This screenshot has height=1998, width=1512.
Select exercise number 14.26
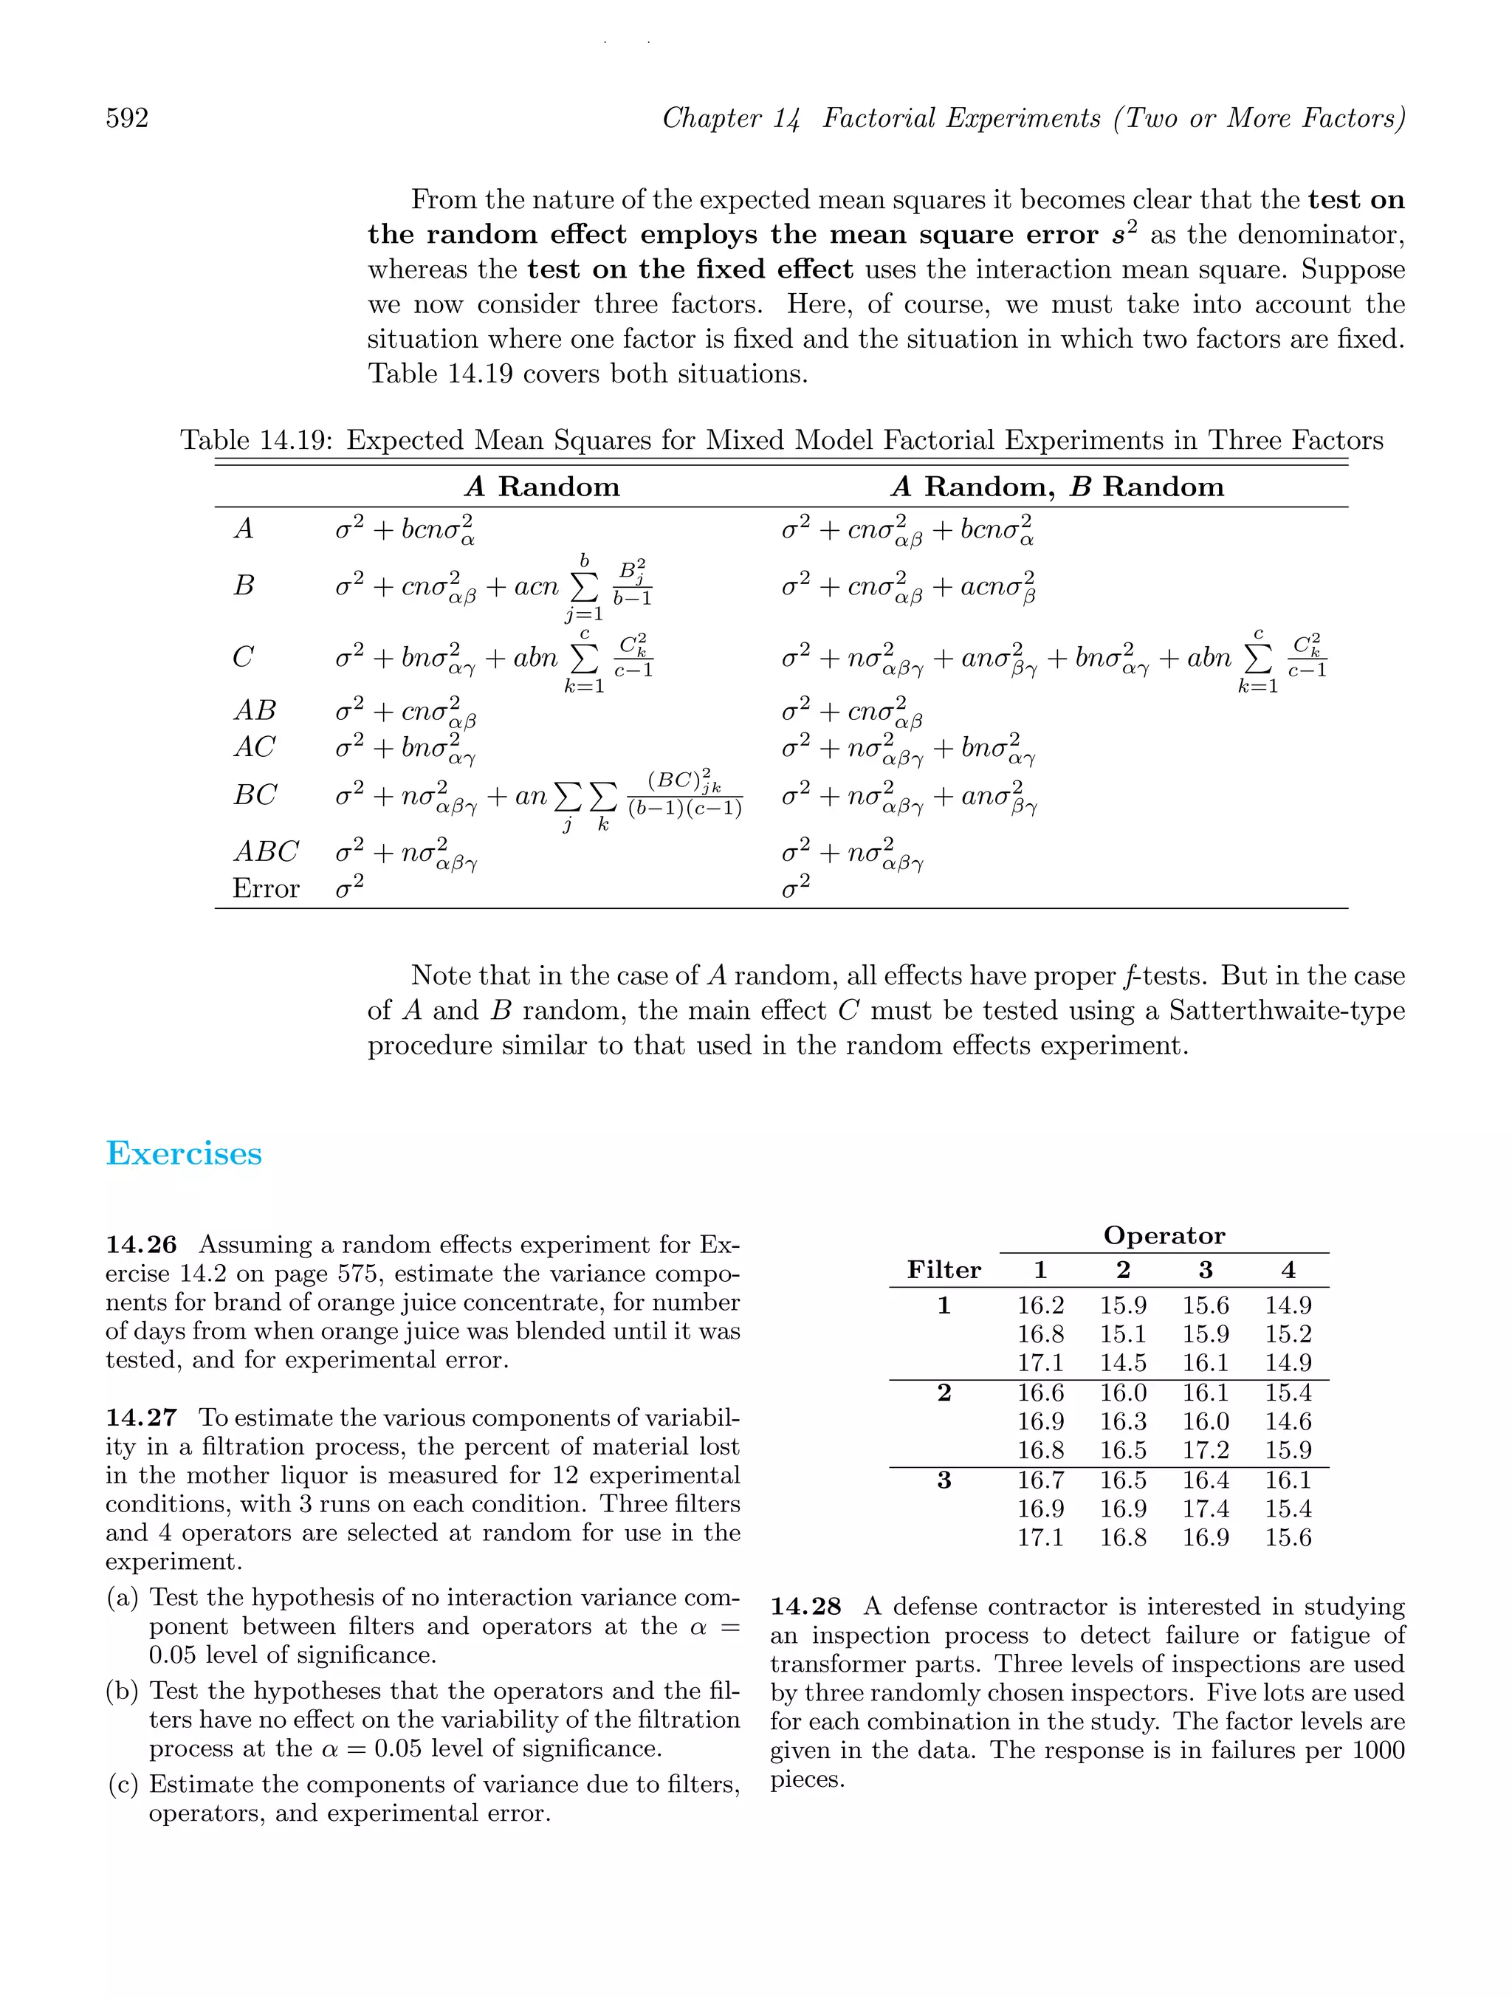coord(141,1245)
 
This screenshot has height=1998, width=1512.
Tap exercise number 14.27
coord(141,1418)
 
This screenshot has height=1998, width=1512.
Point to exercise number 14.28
coord(805,1607)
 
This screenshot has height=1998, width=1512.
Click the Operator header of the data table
coord(1164,1236)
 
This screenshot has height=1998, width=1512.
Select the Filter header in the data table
coord(943,1270)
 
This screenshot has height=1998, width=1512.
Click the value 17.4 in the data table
coord(1205,1508)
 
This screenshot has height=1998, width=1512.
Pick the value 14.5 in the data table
coord(1123,1363)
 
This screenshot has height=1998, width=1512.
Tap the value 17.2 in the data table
coord(1205,1449)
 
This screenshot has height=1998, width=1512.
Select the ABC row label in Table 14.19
coord(266,852)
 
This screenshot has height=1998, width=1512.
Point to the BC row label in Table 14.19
coord(255,795)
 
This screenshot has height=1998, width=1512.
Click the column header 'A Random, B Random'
coord(1056,487)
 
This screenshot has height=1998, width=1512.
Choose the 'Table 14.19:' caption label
coord(258,441)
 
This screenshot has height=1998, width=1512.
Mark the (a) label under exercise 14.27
coord(123,1598)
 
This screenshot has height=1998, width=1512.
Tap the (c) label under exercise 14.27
coord(123,1784)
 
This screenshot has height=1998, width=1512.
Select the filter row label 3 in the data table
coord(943,1480)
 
